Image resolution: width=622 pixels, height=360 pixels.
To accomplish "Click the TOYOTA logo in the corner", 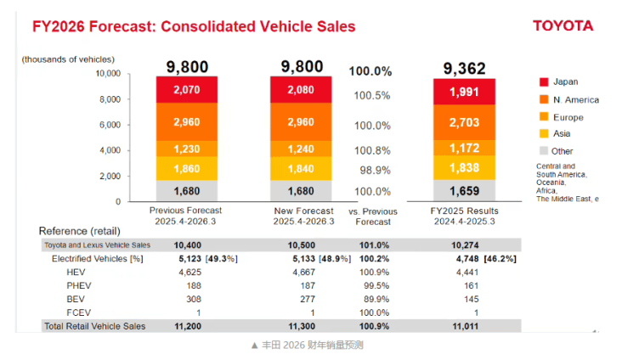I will pyautogui.click(x=563, y=25).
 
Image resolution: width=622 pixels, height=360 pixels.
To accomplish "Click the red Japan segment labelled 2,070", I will pyautogui.click(x=186, y=89).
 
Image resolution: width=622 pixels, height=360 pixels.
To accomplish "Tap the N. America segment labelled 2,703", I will pyautogui.click(x=464, y=122).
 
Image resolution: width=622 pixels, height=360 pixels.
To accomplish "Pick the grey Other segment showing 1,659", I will pyautogui.click(x=464, y=191).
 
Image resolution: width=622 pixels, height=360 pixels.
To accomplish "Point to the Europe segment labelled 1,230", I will pyautogui.click(x=186, y=149).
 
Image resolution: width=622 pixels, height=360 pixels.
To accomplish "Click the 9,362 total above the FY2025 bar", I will pyautogui.click(x=464, y=67).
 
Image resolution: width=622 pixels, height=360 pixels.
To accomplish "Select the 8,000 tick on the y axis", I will pyautogui.click(x=110, y=99).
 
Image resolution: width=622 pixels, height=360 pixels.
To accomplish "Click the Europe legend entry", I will pyautogui.click(x=568, y=117).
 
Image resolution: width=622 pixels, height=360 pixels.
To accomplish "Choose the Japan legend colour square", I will pyautogui.click(x=543, y=82).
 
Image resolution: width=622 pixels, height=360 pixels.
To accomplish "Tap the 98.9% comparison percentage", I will pyautogui.click(x=372, y=170).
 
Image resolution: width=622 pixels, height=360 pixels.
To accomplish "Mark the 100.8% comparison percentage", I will pyautogui.click(x=372, y=150).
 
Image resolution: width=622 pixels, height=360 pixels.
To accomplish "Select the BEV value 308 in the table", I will pyautogui.click(x=188, y=299).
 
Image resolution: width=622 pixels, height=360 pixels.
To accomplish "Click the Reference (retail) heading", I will pyautogui.click(x=79, y=231).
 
